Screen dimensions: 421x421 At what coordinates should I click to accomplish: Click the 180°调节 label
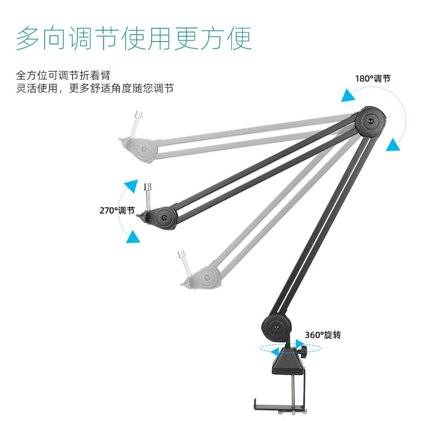(x=373, y=79)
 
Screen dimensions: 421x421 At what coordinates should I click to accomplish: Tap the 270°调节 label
(x=117, y=210)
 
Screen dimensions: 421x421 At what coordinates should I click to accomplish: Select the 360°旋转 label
(x=323, y=335)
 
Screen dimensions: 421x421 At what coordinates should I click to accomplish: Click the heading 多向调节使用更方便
(x=134, y=37)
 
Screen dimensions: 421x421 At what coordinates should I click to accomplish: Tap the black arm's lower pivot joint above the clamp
(x=275, y=329)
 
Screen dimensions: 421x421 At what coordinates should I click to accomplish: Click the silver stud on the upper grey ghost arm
(x=139, y=121)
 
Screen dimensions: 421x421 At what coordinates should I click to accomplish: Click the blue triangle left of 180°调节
(x=347, y=95)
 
